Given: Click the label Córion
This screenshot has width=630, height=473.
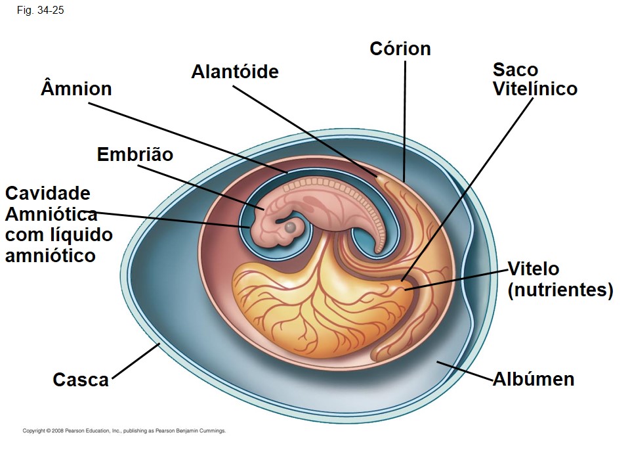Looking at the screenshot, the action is click(x=400, y=49).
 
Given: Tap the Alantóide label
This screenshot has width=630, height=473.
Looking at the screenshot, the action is click(x=235, y=72).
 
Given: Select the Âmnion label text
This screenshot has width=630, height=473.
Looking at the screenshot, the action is click(x=76, y=88).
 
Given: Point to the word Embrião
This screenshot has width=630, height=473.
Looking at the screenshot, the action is click(x=135, y=154).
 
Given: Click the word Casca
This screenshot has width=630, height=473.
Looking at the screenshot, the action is click(x=81, y=380).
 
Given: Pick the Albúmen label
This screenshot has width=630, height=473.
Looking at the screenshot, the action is click(x=534, y=379).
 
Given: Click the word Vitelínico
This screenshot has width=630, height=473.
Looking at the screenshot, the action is click(x=535, y=89).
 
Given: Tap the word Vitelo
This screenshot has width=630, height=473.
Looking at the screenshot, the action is click(x=533, y=269).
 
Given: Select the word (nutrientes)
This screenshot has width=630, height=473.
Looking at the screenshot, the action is click(x=560, y=290).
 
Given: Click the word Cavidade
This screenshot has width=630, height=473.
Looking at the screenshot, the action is click(x=48, y=193).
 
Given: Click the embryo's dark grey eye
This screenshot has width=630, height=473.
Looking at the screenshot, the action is click(x=290, y=227).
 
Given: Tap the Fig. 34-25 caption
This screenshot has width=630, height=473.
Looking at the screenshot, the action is click(x=40, y=11).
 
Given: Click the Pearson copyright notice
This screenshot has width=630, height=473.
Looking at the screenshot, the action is click(x=124, y=431).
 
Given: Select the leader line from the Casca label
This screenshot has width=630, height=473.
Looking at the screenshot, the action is click(x=136, y=361).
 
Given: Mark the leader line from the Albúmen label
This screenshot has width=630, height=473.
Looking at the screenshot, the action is click(x=465, y=371).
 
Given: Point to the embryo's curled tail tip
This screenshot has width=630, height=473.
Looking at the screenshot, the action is click(x=378, y=250).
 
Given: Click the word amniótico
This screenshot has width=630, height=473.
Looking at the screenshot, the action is click(x=51, y=256).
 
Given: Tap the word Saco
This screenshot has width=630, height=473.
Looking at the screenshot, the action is click(x=516, y=70).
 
